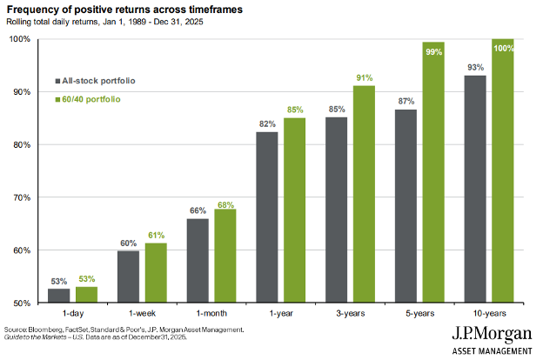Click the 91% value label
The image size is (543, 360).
(365, 77)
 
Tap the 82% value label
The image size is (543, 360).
(267, 124)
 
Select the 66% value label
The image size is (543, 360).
(198, 210)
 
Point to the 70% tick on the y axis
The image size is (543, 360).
(20, 197)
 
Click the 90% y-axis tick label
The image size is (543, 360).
(20, 91)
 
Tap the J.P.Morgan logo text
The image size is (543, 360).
(492, 335)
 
